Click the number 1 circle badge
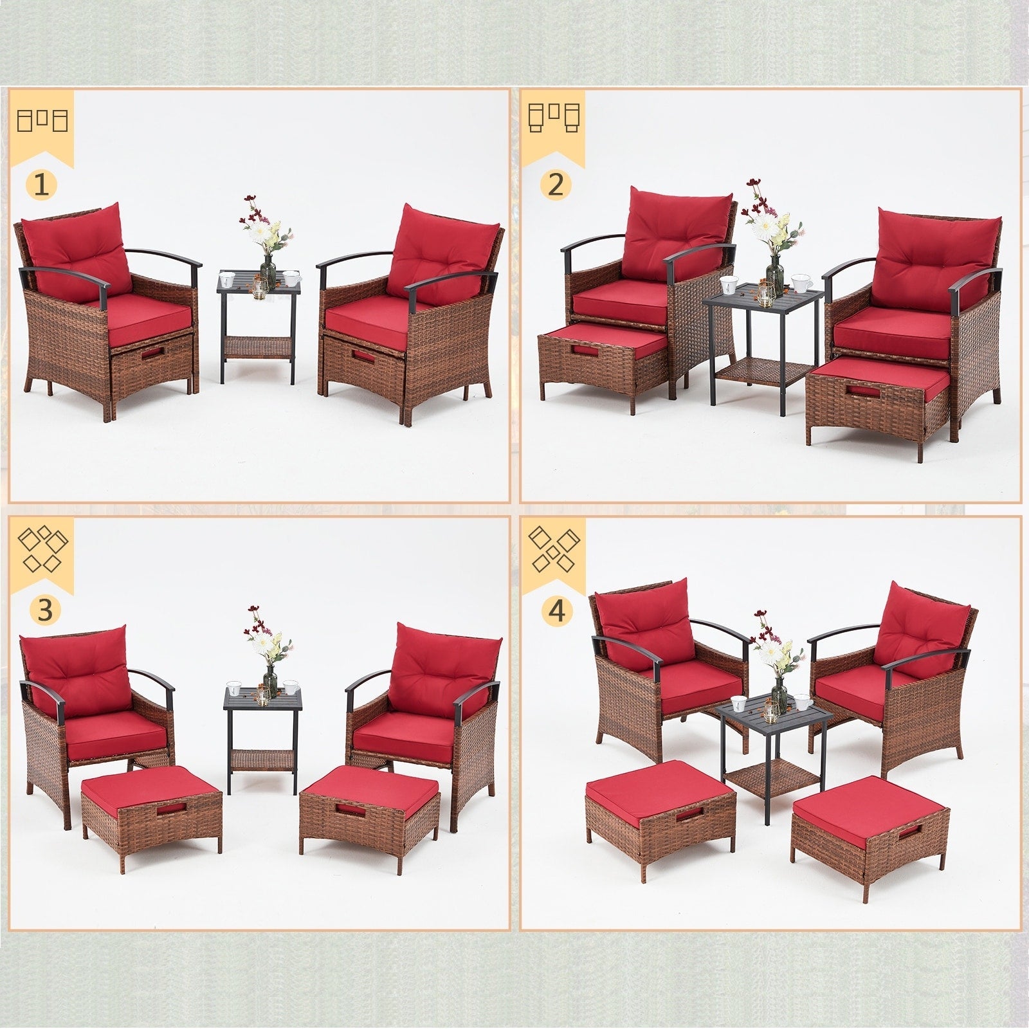(x=41, y=185)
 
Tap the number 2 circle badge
(x=556, y=185)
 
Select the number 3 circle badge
(x=44, y=610)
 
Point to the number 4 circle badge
(x=557, y=609)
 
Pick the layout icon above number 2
(x=554, y=118)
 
